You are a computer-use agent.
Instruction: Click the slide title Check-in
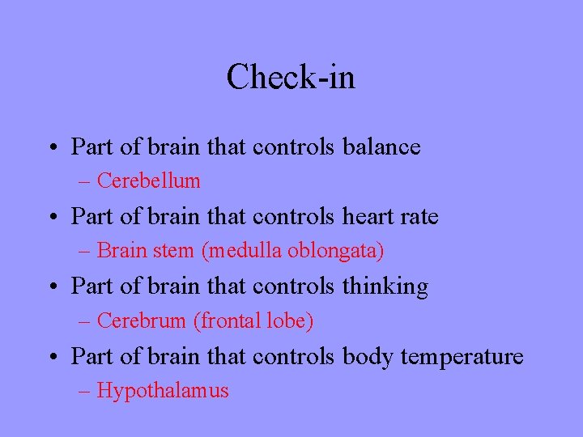(291, 78)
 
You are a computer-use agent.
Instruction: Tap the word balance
(381, 147)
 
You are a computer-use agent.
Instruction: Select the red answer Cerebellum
(148, 181)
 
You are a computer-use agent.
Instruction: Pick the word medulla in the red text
(240, 251)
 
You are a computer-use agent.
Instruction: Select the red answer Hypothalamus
(163, 392)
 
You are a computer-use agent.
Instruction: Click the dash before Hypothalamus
(85, 392)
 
